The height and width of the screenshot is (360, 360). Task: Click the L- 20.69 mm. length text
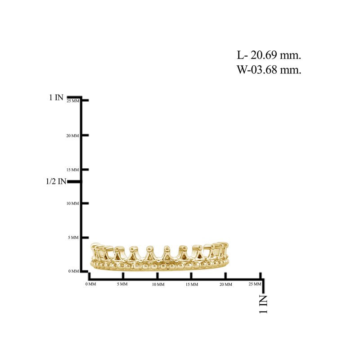(x=269, y=55)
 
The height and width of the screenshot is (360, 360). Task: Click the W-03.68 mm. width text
(x=269, y=70)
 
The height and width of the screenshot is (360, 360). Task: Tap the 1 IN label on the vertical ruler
(x=56, y=97)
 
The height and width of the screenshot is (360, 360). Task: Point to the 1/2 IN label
(x=56, y=181)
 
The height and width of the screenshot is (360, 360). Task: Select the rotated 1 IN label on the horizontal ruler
(x=263, y=304)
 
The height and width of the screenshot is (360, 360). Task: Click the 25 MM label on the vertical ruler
(x=73, y=101)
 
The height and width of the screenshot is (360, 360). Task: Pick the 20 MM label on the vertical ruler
(x=72, y=136)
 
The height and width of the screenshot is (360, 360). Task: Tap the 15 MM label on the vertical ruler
(x=72, y=170)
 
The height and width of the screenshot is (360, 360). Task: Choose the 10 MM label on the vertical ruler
(x=72, y=203)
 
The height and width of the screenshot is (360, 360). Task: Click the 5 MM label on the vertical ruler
(x=73, y=238)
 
